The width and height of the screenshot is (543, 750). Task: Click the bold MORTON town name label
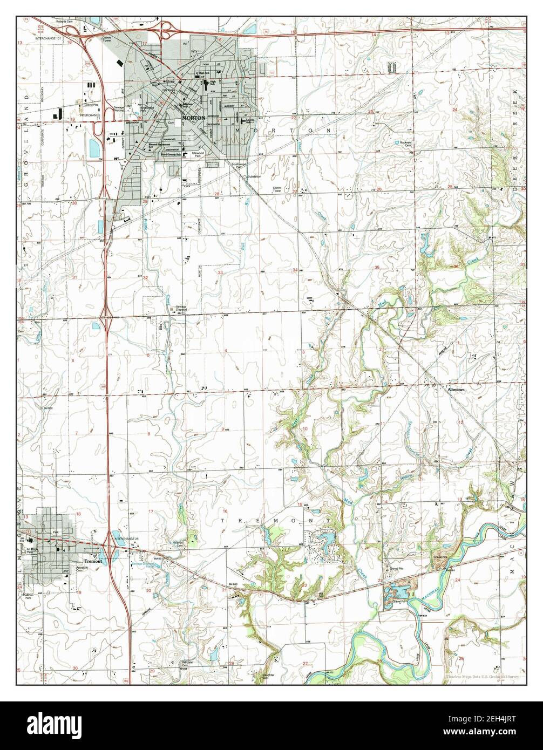pos(193,117)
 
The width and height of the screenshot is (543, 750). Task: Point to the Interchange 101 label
pos(53,39)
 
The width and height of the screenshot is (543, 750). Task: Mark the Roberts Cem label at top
pos(68,22)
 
